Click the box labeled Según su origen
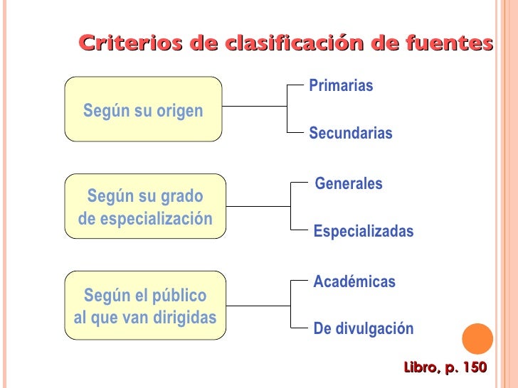(143, 110)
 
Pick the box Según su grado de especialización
(145, 207)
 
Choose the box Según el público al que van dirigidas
(145, 306)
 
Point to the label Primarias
(341, 86)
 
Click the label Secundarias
(351, 134)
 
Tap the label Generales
(349, 184)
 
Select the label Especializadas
(364, 232)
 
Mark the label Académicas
(354, 282)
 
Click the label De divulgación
(364, 329)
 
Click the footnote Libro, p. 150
(445, 367)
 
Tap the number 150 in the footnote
(474, 367)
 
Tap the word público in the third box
(180, 296)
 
